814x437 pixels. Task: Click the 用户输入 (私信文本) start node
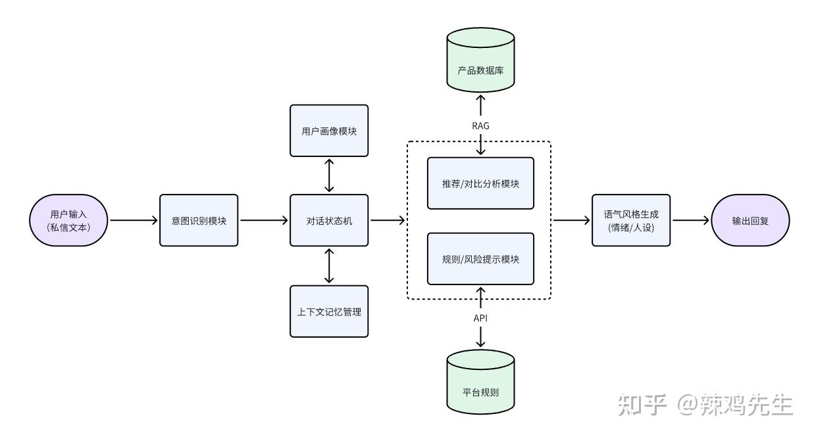pos(68,220)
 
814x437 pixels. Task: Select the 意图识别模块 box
pos(199,220)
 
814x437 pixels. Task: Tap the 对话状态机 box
pos(329,220)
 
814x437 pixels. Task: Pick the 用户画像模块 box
pos(329,131)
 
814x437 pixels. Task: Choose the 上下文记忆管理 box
pos(329,311)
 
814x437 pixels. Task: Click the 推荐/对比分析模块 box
pos(480,183)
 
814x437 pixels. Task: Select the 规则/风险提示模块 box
pos(480,259)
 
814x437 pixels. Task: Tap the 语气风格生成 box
pos(631,220)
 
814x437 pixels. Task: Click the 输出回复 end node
pos(750,220)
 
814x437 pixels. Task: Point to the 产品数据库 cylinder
pos(480,60)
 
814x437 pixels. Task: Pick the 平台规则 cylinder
pos(480,382)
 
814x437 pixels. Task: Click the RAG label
pos(480,126)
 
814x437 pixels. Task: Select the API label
pos(480,318)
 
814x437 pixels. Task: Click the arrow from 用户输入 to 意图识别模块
pos(134,220)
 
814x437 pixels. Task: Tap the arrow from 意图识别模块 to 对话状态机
pos(264,220)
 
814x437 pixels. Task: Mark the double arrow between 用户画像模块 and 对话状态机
pos(329,175)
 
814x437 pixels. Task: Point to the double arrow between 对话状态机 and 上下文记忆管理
pos(329,266)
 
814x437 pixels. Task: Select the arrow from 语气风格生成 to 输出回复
pos(691,220)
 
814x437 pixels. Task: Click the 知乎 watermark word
pos(642,404)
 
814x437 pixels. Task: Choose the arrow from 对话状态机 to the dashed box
pos(388,220)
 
